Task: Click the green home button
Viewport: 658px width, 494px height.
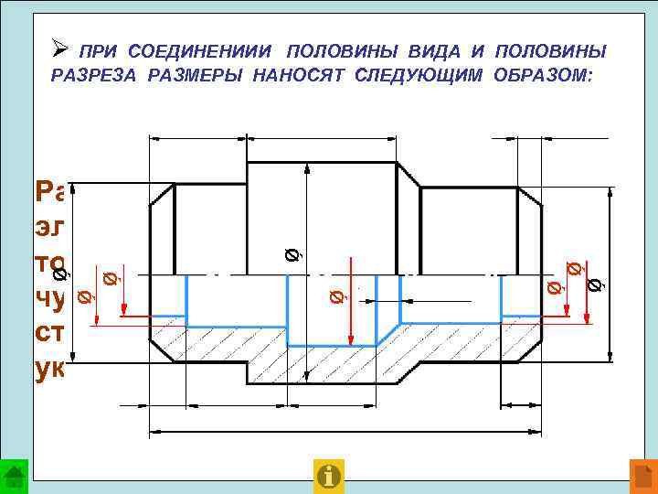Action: (15, 475)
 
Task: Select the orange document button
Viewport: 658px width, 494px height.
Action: (643, 475)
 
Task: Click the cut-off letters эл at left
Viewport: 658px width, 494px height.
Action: (52, 228)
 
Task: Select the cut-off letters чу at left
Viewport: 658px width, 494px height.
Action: (52, 301)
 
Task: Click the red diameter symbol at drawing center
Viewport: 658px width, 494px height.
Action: (335, 295)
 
